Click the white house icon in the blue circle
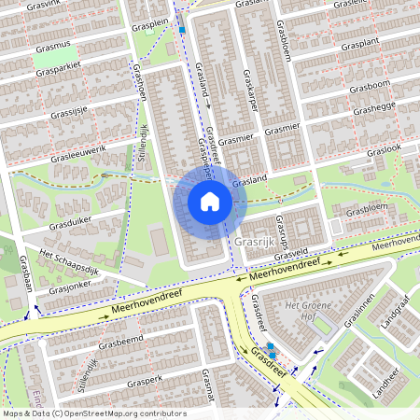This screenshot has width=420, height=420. (x=209, y=201)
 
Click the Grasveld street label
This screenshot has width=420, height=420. (x=292, y=252)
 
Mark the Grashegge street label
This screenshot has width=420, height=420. (x=373, y=110)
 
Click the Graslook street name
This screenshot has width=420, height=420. (x=384, y=149)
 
